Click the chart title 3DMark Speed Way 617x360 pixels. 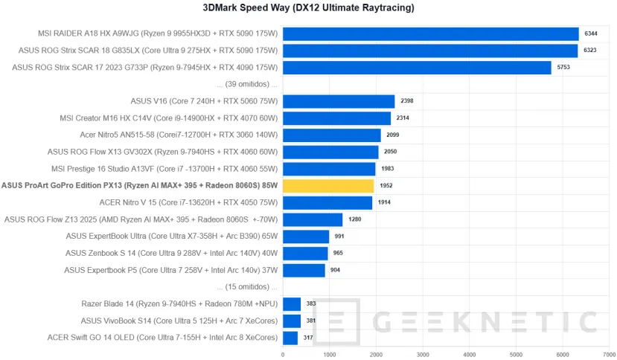coord(309,8)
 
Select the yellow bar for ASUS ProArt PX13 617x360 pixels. coord(328,186)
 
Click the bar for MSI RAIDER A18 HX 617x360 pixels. coord(430,34)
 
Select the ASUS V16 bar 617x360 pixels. coord(339,102)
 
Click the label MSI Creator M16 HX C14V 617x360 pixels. coord(168,118)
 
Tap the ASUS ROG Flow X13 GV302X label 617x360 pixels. coord(162,152)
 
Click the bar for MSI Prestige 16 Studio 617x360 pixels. coord(329,169)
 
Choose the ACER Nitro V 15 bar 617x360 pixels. coord(327,202)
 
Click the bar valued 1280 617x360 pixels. coord(313,219)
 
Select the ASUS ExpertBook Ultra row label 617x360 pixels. coord(171,237)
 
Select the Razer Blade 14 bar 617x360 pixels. coord(292,303)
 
